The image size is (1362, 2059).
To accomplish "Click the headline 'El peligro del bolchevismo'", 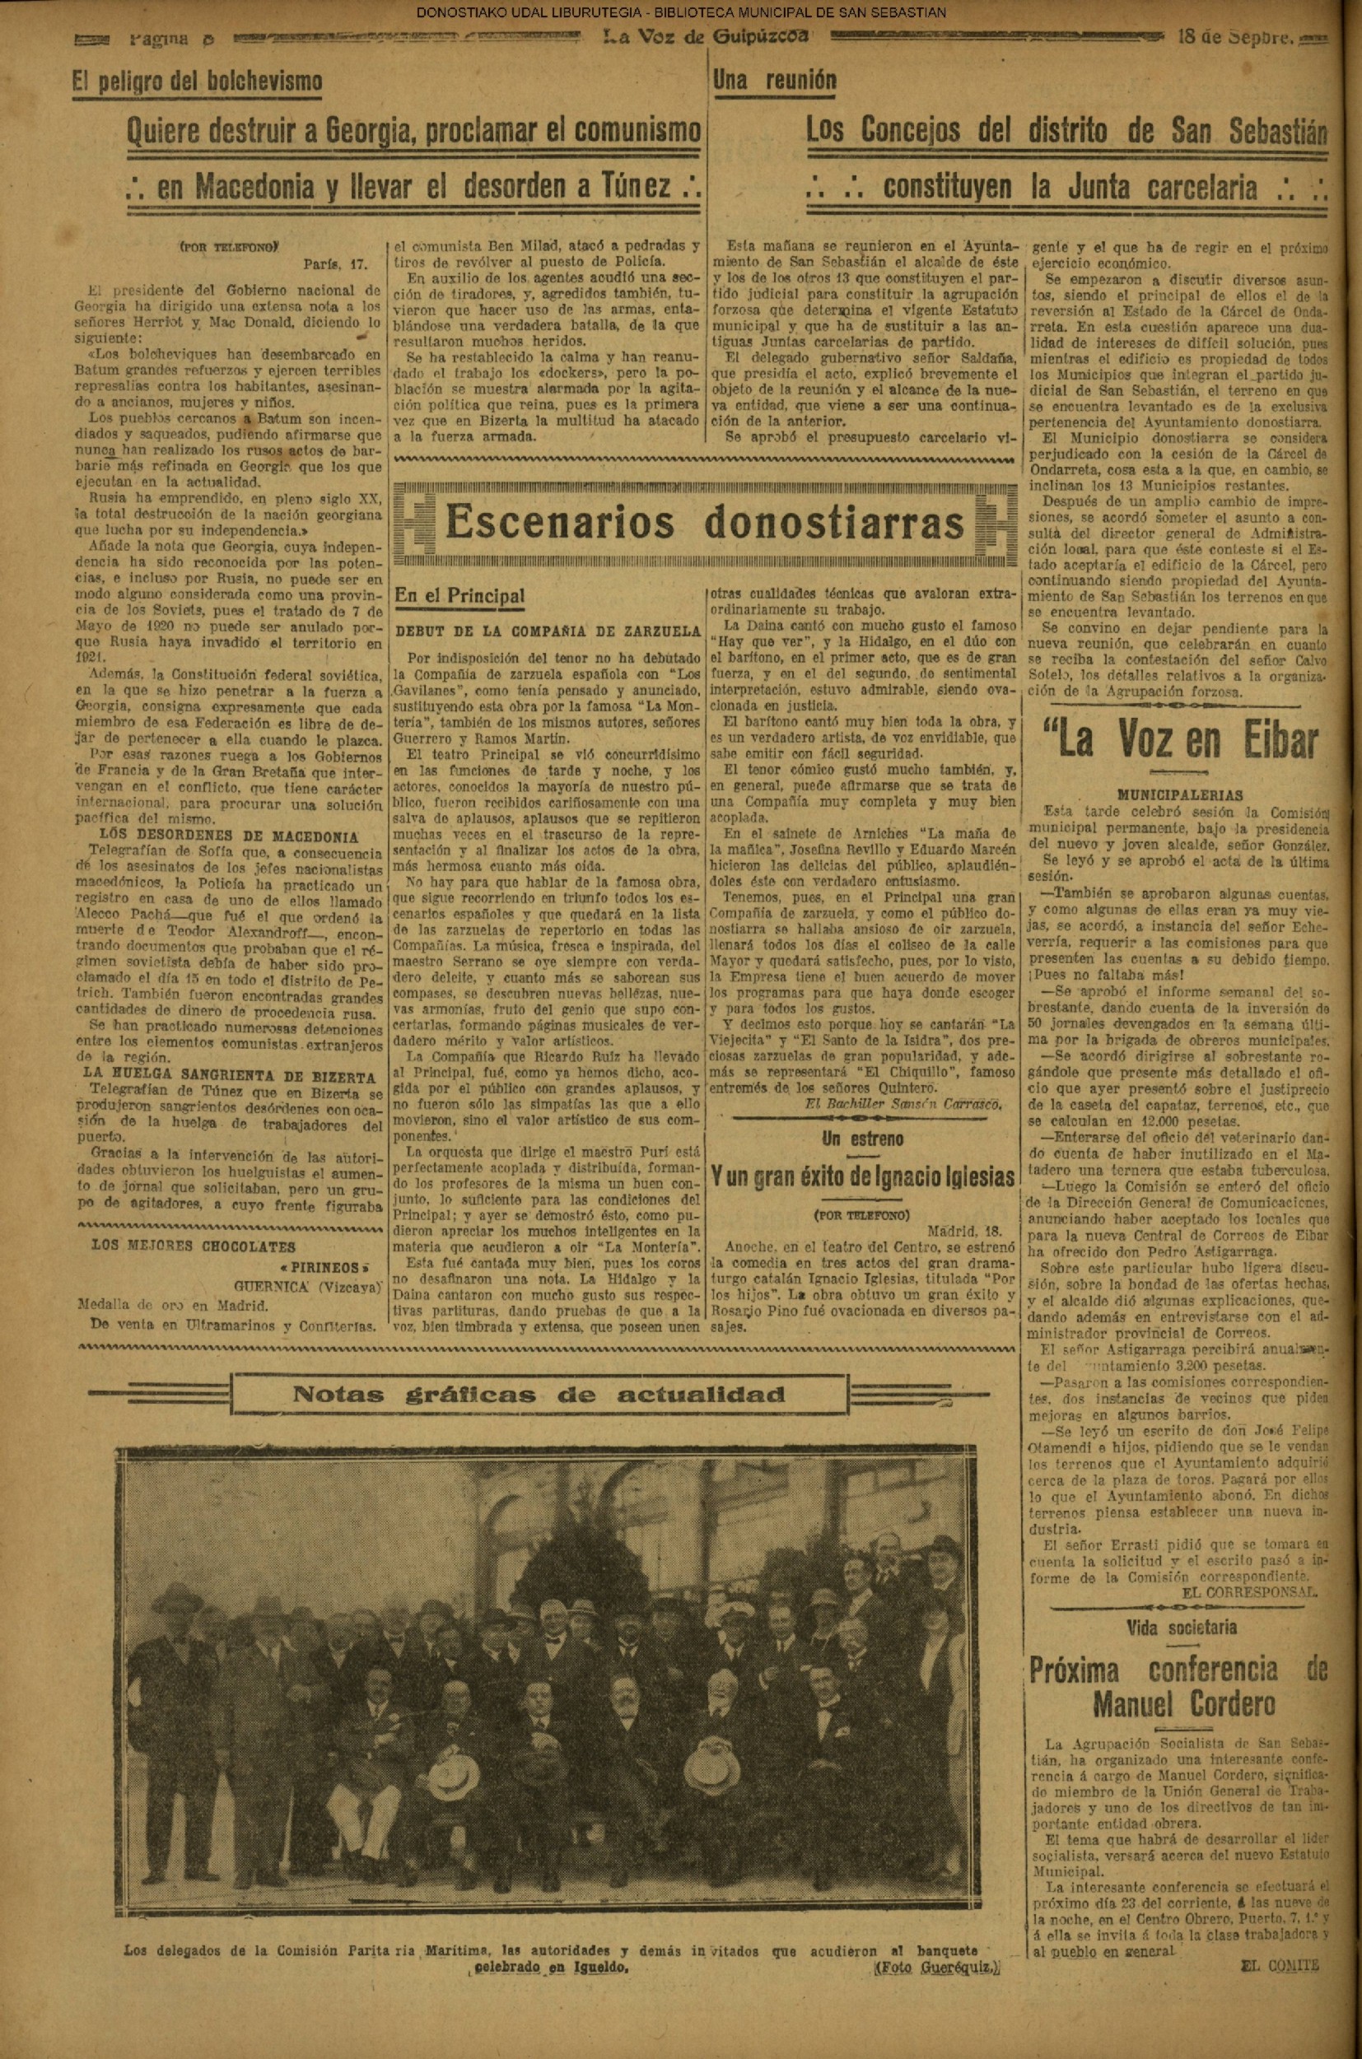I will (x=197, y=82).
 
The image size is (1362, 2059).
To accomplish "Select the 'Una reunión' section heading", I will (x=774, y=81).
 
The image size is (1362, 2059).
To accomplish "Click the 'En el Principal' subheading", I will (x=459, y=596).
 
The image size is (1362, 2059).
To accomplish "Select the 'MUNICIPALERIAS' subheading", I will (x=1179, y=794).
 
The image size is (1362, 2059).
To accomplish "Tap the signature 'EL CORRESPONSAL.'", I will (x=1249, y=1592).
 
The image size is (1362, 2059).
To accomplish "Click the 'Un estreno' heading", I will (x=862, y=1139).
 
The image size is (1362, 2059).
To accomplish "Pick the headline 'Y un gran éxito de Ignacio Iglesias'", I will (x=862, y=1177).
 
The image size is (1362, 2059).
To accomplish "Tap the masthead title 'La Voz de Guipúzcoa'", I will (x=707, y=37).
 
